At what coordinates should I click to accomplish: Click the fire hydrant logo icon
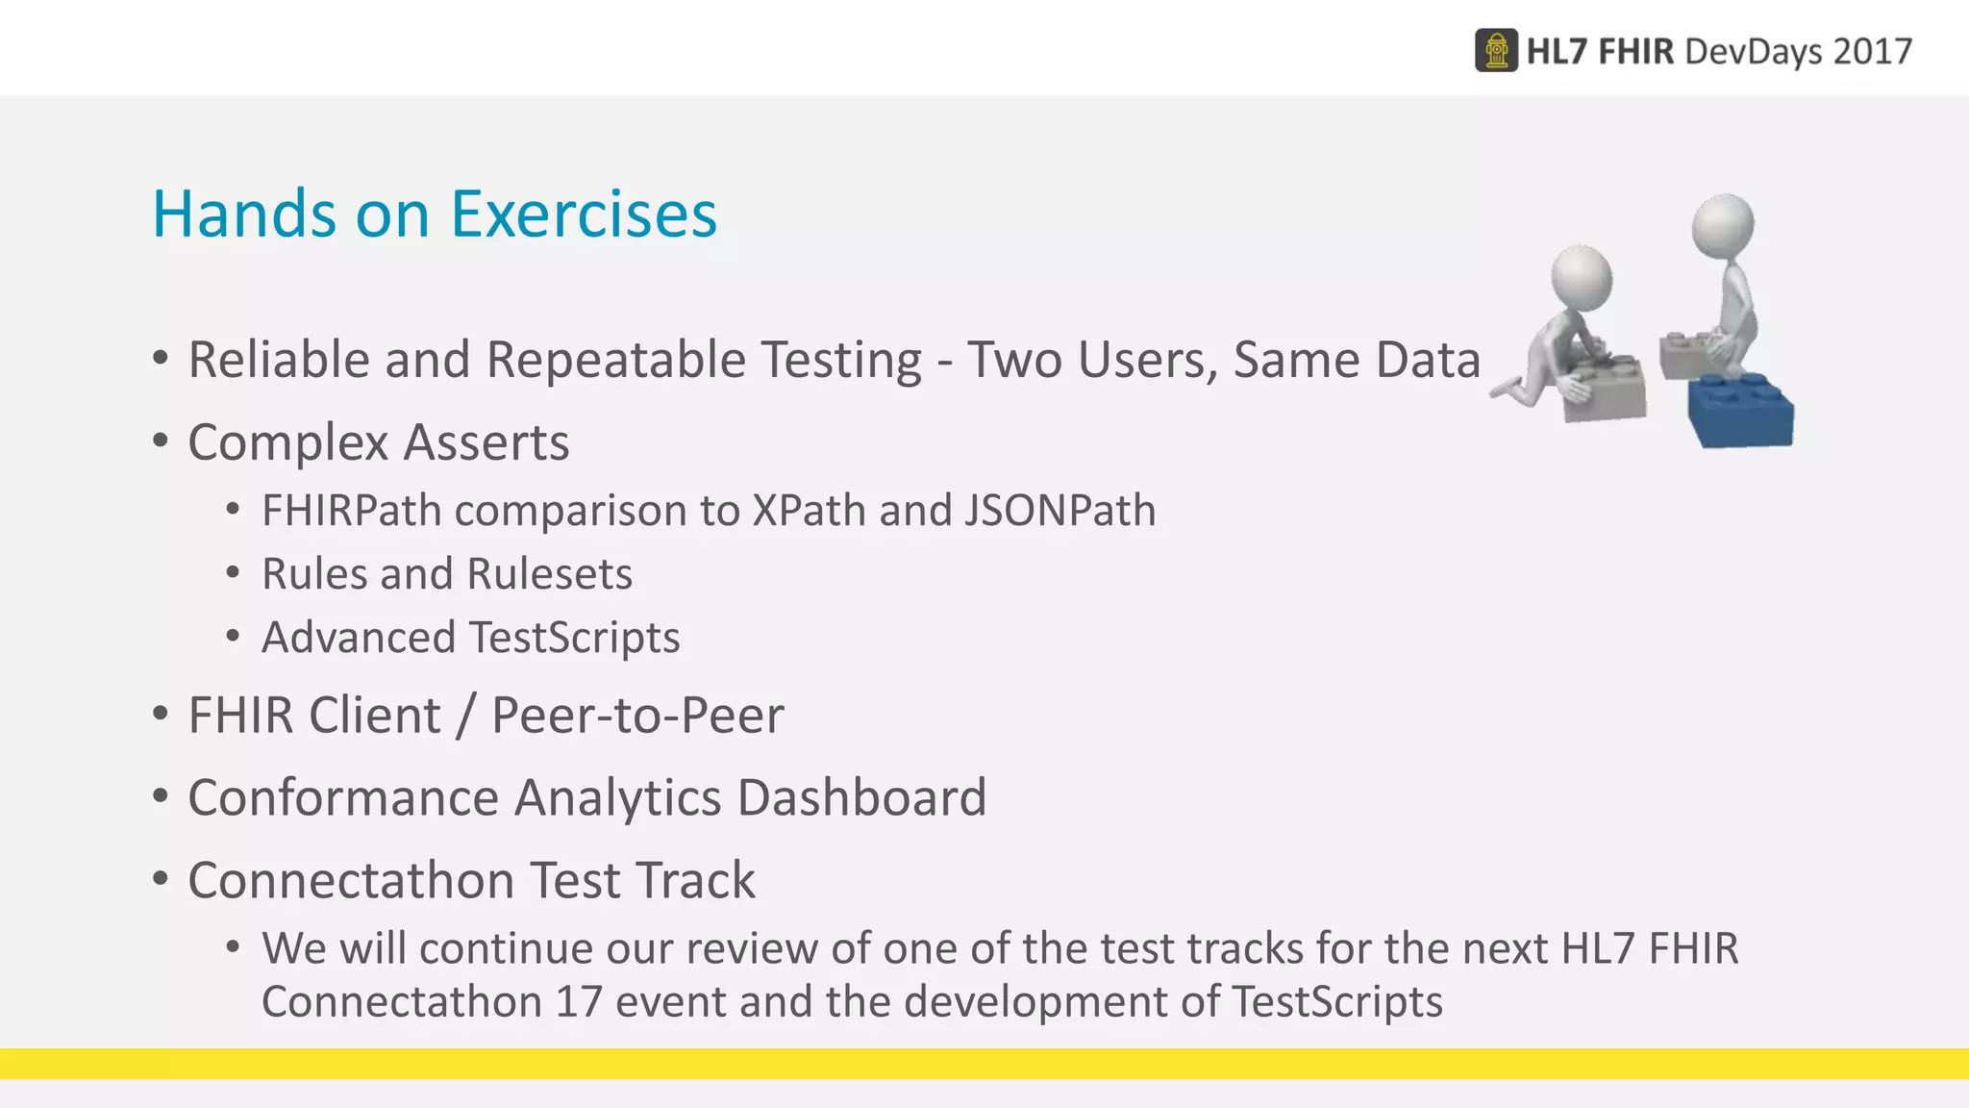tap(1496, 51)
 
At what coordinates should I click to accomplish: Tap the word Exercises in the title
tap(584, 214)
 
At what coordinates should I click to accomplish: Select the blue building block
tap(1741, 411)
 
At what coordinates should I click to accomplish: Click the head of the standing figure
tap(1722, 226)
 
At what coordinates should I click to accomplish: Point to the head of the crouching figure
tap(1582, 277)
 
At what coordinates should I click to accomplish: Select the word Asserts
tap(486, 443)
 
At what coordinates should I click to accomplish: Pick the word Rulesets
tap(549, 574)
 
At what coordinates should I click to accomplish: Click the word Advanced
tap(359, 638)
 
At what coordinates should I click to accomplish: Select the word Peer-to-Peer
tap(637, 716)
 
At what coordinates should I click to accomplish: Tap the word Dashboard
tap(861, 797)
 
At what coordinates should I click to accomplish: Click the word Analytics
tap(617, 797)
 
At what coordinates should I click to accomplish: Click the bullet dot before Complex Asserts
tap(161, 441)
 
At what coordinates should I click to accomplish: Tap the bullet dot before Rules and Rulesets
tap(233, 573)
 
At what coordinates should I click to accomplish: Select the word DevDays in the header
tap(1753, 51)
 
